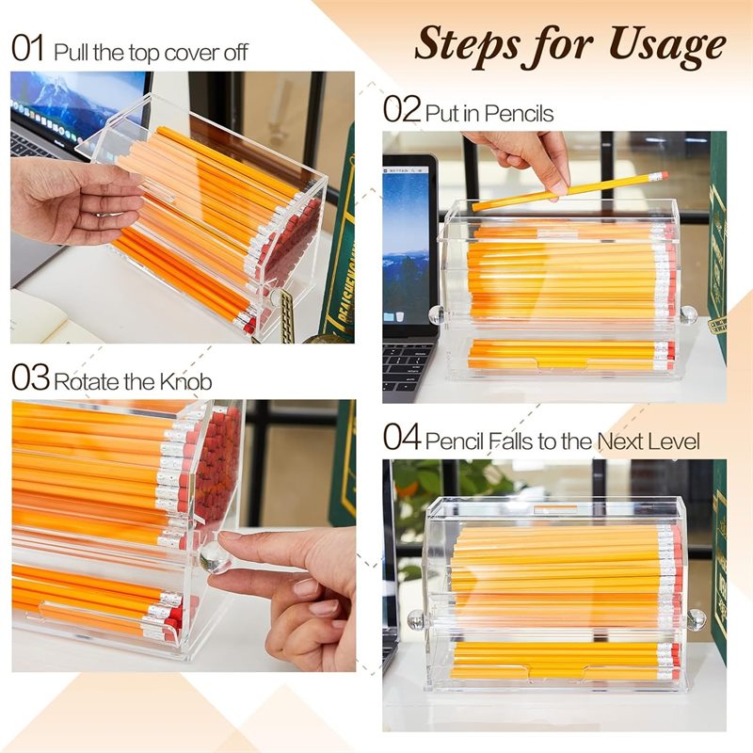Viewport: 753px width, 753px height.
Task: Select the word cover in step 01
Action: tap(190, 51)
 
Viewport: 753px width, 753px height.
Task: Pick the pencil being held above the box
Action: tap(565, 191)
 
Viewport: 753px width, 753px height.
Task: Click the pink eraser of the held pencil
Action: tap(663, 176)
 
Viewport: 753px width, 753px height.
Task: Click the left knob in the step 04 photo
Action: tap(415, 620)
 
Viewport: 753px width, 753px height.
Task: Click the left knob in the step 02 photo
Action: tap(437, 314)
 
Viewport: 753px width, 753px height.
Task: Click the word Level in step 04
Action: tap(669, 440)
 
